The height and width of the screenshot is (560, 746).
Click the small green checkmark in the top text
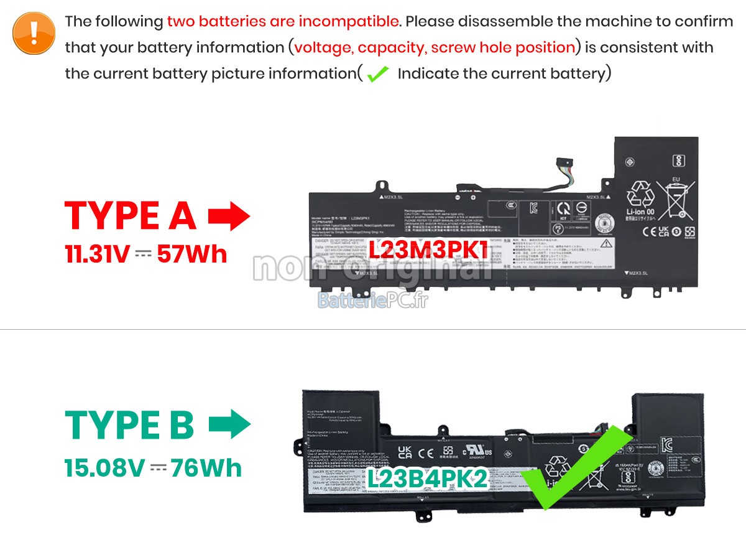[x=377, y=75]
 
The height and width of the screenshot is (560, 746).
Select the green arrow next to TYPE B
[x=229, y=426]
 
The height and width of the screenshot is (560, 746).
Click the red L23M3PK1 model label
[x=428, y=250]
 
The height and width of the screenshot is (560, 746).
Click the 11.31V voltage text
[x=97, y=254]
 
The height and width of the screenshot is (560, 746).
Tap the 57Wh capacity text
[x=191, y=254]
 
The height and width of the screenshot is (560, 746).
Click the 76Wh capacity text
[x=206, y=468]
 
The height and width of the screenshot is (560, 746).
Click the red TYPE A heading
[x=131, y=216]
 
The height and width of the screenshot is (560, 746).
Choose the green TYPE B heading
[x=129, y=425]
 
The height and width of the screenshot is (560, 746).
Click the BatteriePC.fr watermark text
[x=372, y=301]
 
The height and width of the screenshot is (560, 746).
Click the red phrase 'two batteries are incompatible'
[x=283, y=22]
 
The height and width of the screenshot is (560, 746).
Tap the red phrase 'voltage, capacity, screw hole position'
[x=435, y=48]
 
